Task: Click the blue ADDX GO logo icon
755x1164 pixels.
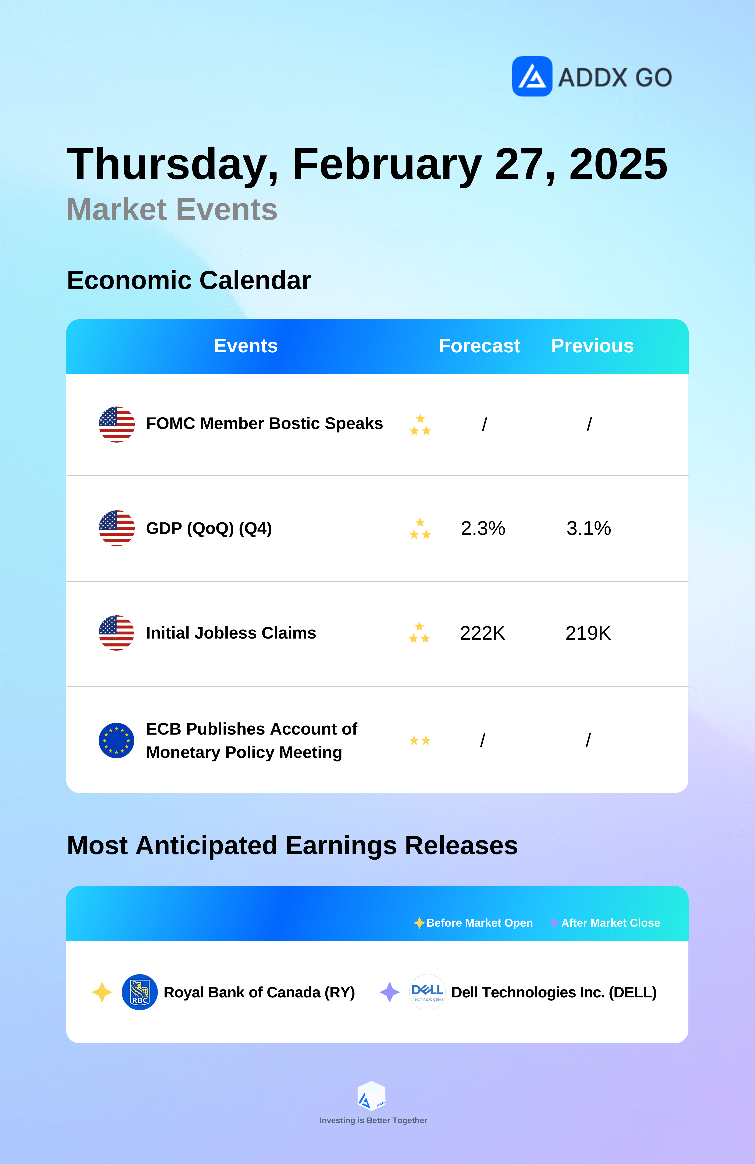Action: click(532, 76)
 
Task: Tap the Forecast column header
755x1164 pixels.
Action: click(479, 346)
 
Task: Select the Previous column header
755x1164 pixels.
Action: click(592, 346)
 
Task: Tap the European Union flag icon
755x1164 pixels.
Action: click(116, 740)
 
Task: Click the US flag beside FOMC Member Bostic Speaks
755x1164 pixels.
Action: click(116, 424)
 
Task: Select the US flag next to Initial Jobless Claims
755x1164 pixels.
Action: click(116, 633)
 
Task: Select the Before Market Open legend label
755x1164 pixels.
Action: click(479, 923)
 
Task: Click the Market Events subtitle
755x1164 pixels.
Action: click(172, 209)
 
